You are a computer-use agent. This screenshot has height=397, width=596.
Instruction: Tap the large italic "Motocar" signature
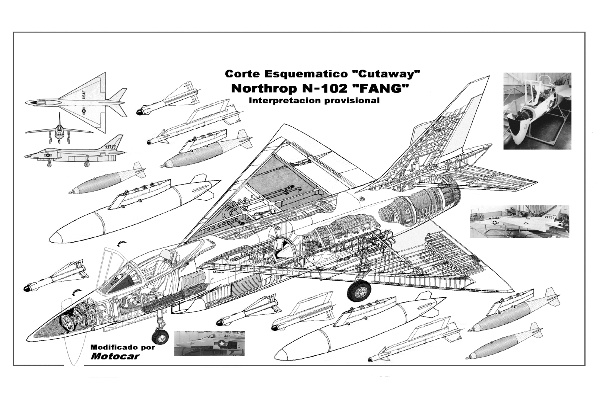pyautogui.click(x=115, y=356)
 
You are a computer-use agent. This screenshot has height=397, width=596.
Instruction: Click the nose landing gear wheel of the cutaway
pyautogui.click(x=160, y=337)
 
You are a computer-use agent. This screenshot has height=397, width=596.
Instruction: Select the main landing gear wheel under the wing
pyautogui.click(x=359, y=291)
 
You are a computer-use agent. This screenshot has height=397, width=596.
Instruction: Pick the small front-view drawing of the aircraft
pyautogui.click(x=59, y=130)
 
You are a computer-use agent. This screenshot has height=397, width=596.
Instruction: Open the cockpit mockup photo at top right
pyautogui.click(x=537, y=111)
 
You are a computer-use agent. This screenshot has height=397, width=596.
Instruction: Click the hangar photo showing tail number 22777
pyautogui.click(x=519, y=221)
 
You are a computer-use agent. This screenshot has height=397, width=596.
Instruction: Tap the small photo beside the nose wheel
pyautogui.click(x=209, y=343)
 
